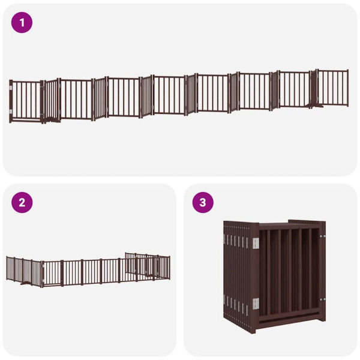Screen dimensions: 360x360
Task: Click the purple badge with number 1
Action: pyautogui.click(x=22, y=23)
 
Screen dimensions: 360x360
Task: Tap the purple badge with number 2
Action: pyautogui.click(x=22, y=202)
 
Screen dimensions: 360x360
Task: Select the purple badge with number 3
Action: pyautogui.click(x=203, y=202)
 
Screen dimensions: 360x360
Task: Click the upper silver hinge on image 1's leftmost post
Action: pyautogui.click(x=11, y=88)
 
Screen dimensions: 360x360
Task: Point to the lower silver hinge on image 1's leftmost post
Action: pyautogui.click(x=11, y=111)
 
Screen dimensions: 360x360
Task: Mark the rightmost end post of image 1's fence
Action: pyautogui.click(x=348, y=88)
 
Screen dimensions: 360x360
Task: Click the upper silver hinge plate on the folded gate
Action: pyautogui.click(x=256, y=243)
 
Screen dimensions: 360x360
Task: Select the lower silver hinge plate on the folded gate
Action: pyautogui.click(x=256, y=304)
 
